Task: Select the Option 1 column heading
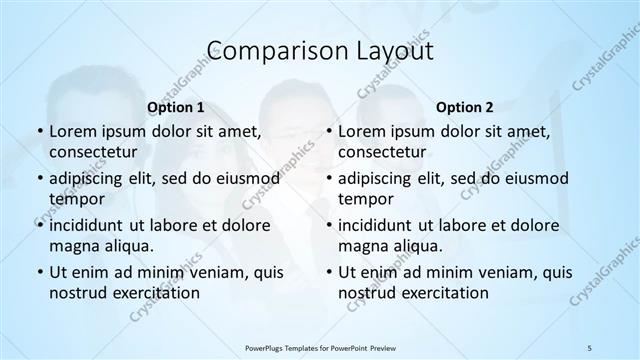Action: tap(176, 106)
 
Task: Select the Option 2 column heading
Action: tap(465, 106)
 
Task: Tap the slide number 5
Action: tap(591, 346)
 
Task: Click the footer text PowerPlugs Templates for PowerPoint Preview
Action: tap(320, 346)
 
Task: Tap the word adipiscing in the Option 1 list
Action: tap(90, 179)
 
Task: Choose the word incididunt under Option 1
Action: tap(92, 225)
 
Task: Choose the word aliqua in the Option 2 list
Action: tap(418, 245)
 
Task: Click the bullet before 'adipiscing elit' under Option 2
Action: tap(328, 179)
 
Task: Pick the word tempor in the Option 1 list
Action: tap(75, 199)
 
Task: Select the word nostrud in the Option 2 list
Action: tap(365, 293)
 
